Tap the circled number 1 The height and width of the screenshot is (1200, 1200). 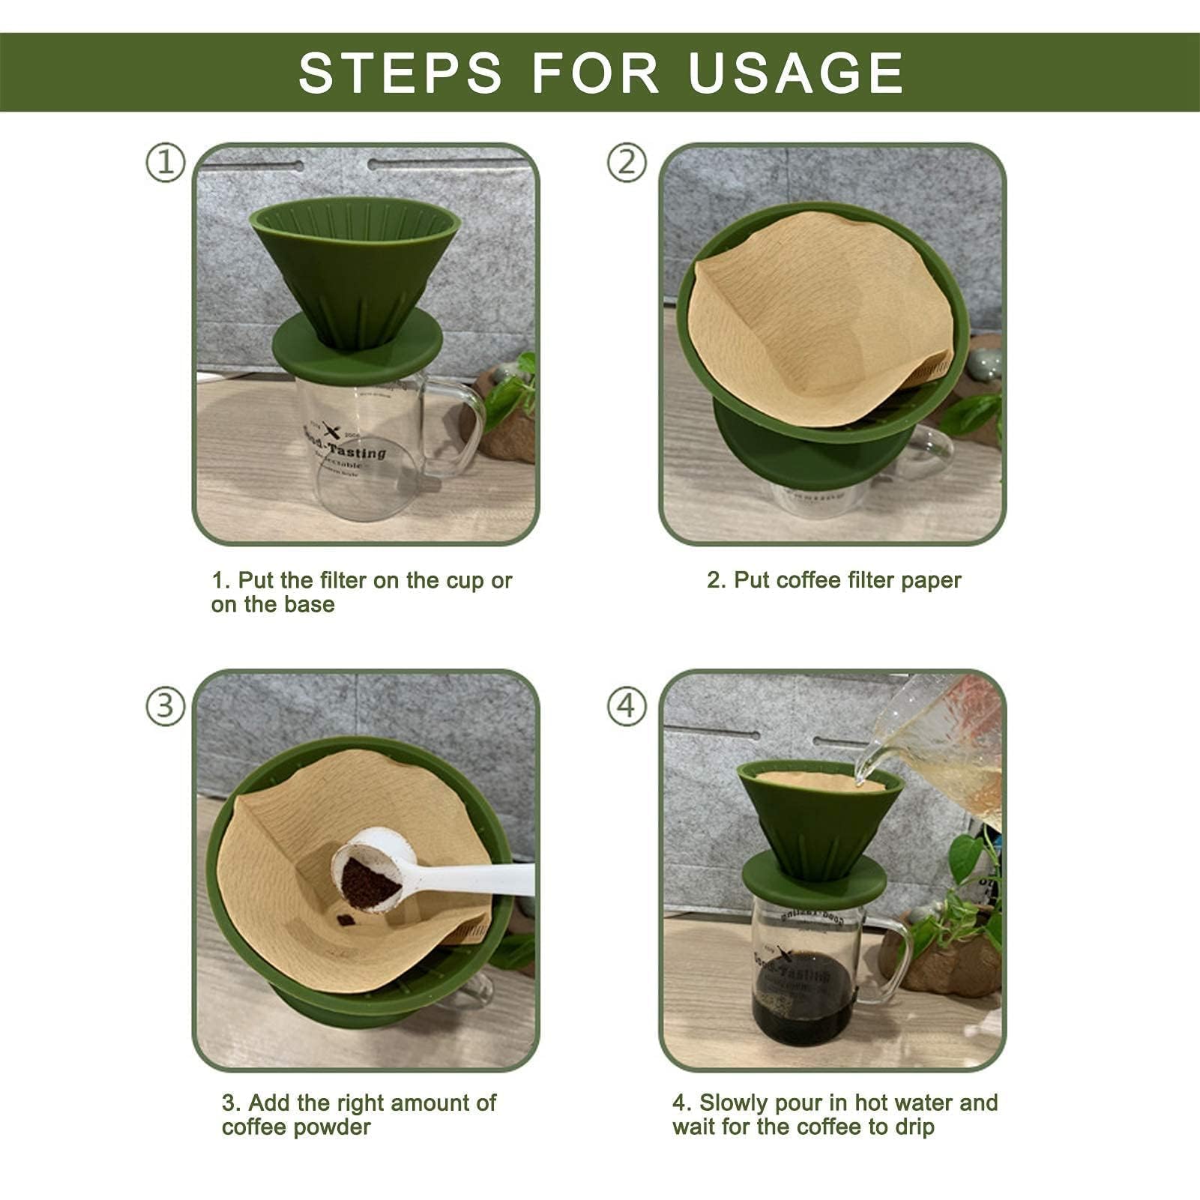tap(165, 163)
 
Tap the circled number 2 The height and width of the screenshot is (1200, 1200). tap(627, 163)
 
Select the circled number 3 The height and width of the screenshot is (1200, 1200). tap(165, 707)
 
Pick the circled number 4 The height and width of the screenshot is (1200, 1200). tap(627, 707)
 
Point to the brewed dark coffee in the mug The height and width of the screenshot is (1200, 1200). tap(802, 997)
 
